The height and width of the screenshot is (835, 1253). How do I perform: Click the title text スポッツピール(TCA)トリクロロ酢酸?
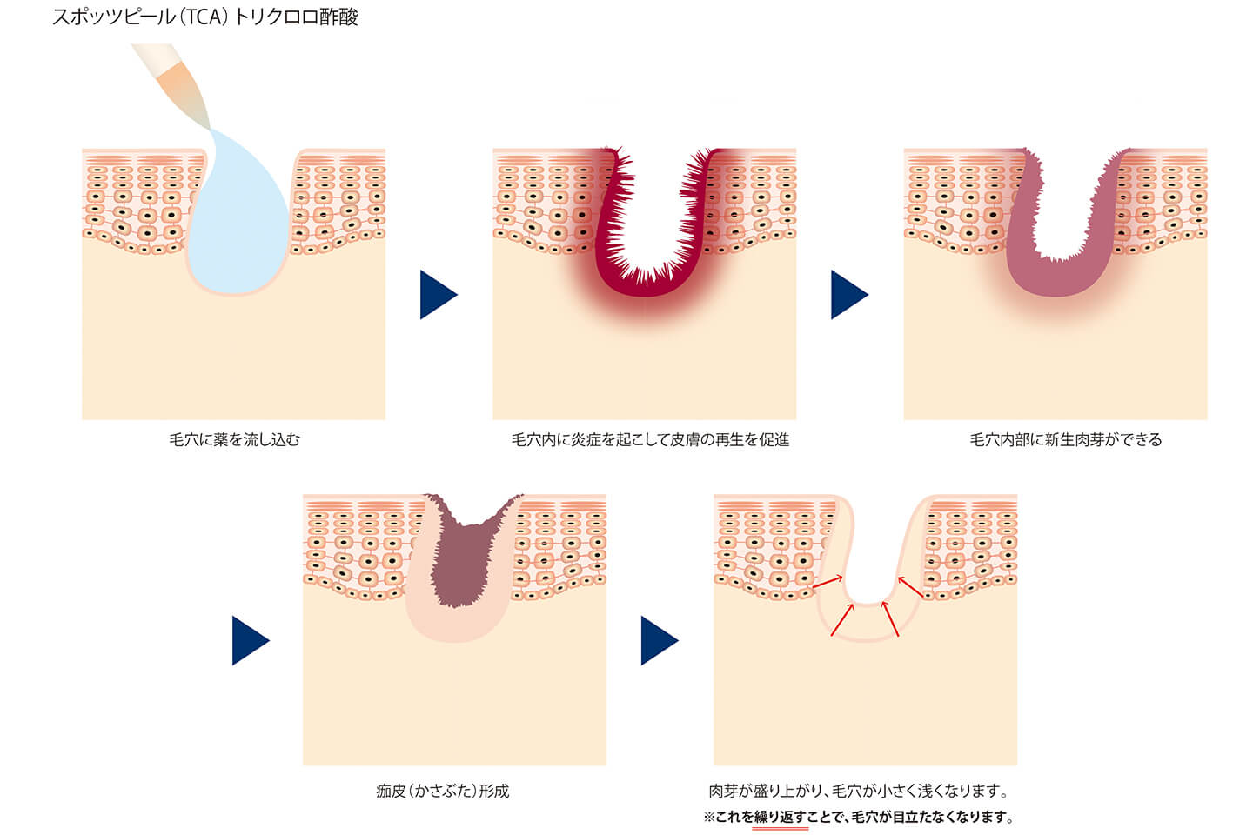click(x=204, y=17)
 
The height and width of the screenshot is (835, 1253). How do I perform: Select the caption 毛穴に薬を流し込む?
click(x=234, y=439)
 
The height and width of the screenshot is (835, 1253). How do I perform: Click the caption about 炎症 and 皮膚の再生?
click(x=650, y=439)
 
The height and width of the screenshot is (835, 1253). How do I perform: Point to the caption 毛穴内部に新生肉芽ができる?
click(x=1066, y=439)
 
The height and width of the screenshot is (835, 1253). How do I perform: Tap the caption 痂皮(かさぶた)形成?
click(x=442, y=791)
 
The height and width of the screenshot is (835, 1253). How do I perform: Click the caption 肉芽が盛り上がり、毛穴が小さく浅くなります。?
click(x=859, y=791)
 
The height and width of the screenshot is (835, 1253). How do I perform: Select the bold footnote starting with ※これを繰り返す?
click(x=859, y=817)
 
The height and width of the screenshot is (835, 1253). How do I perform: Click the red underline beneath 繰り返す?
click(x=780, y=828)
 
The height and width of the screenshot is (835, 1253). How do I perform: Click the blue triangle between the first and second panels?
click(x=439, y=295)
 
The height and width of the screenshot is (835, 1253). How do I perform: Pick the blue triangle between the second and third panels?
click(x=849, y=295)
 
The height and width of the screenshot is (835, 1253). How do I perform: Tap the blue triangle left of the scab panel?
click(x=251, y=640)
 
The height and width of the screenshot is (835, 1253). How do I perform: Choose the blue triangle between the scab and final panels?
click(x=660, y=640)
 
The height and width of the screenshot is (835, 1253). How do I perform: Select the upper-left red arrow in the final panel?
click(x=828, y=582)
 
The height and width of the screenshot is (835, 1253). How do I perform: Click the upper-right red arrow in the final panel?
click(x=910, y=586)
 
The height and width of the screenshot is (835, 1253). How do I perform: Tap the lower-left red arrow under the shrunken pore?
click(x=842, y=619)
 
